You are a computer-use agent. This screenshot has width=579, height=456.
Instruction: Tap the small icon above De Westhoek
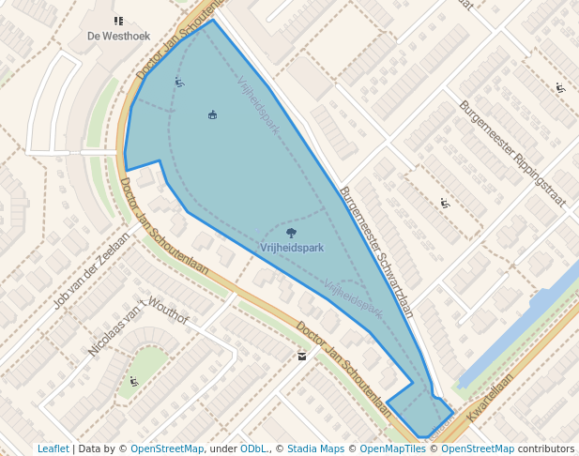tap(118, 21)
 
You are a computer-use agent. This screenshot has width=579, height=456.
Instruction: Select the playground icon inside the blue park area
tap(179, 83)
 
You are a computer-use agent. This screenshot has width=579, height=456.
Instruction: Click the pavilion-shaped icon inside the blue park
tap(213, 114)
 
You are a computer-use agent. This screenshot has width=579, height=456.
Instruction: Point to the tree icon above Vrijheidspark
tap(290, 232)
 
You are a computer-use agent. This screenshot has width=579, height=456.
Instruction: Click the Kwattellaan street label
tap(491, 397)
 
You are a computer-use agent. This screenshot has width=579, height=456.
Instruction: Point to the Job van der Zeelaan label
tap(88, 272)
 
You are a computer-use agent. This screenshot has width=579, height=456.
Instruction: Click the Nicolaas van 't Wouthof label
tap(138, 326)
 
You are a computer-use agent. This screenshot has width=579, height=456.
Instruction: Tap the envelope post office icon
tap(301, 356)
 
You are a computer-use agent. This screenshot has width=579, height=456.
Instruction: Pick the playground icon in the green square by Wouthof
tap(134, 381)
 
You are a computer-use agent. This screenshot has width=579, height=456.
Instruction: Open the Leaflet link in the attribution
tap(53, 448)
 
